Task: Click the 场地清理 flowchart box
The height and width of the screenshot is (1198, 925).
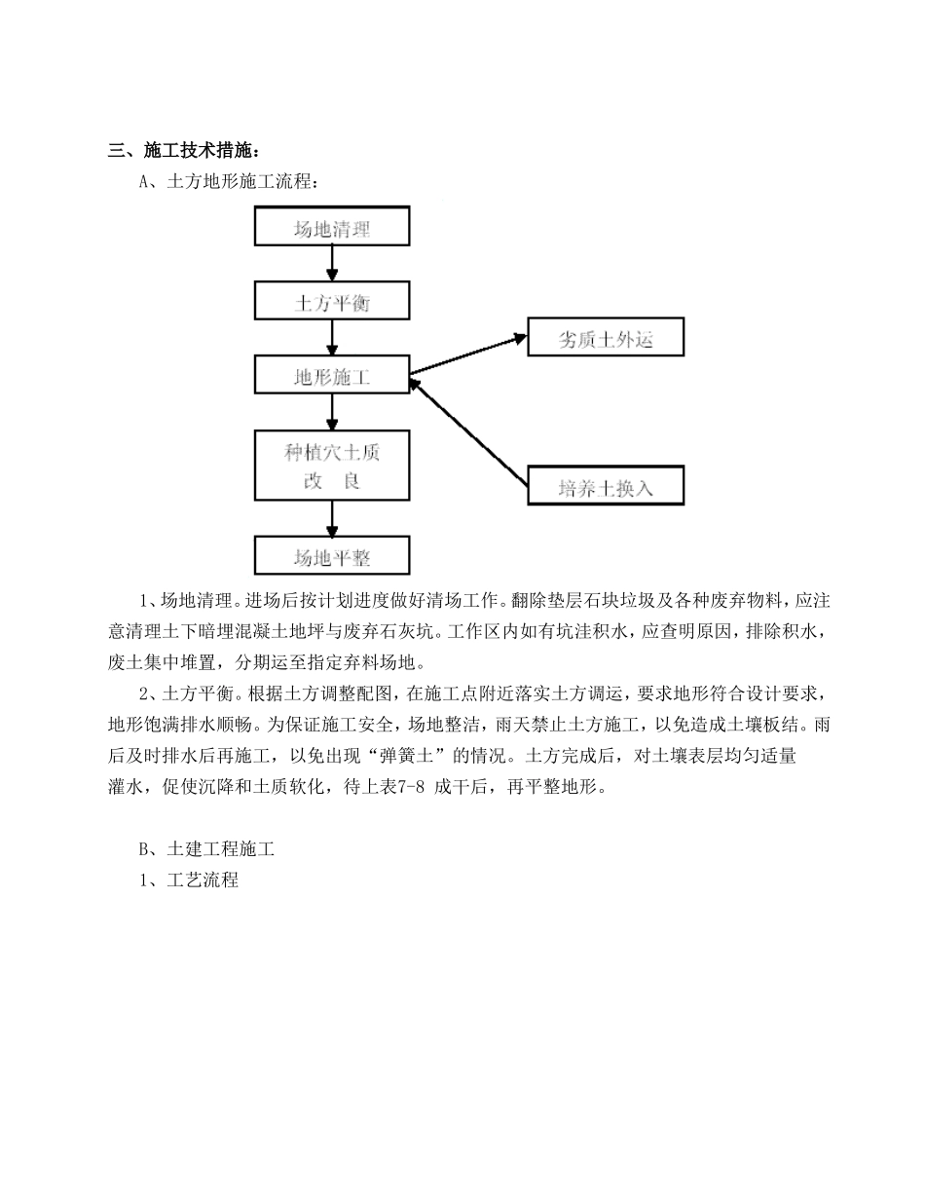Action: pyautogui.click(x=332, y=227)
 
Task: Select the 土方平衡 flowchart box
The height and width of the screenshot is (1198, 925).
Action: pyautogui.click(x=332, y=302)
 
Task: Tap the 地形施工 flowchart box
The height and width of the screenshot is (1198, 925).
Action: pyautogui.click(x=332, y=375)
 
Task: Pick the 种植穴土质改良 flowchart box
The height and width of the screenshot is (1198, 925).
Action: pyautogui.click(x=332, y=465)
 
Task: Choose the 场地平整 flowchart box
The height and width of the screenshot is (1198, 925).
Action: pyautogui.click(x=332, y=556)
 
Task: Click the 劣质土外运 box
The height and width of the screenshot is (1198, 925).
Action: pyautogui.click(x=605, y=338)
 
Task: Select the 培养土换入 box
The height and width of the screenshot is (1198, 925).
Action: pyautogui.click(x=605, y=486)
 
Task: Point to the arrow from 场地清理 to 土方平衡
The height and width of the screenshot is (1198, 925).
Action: pyautogui.click(x=332, y=264)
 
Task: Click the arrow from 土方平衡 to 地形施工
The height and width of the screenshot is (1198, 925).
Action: pyautogui.click(x=332, y=338)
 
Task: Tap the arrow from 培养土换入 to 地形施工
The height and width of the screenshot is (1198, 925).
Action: pyautogui.click(x=468, y=431)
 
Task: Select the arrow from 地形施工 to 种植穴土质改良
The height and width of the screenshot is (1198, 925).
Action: pyautogui.click(x=332, y=412)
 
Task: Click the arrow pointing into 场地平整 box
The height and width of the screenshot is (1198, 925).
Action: pyautogui.click(x=332, y=519)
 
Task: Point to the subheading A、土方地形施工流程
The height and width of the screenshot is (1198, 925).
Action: pyautogui.click(x=229, y=181)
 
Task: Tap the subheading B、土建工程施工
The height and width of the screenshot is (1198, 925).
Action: pyautogui.click(x=207, y=849)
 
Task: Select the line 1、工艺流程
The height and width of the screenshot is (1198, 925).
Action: pyautogui.click(x=189, y=880)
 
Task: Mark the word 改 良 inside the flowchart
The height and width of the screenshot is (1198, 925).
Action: pyautogui.click(x=332, y=481)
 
